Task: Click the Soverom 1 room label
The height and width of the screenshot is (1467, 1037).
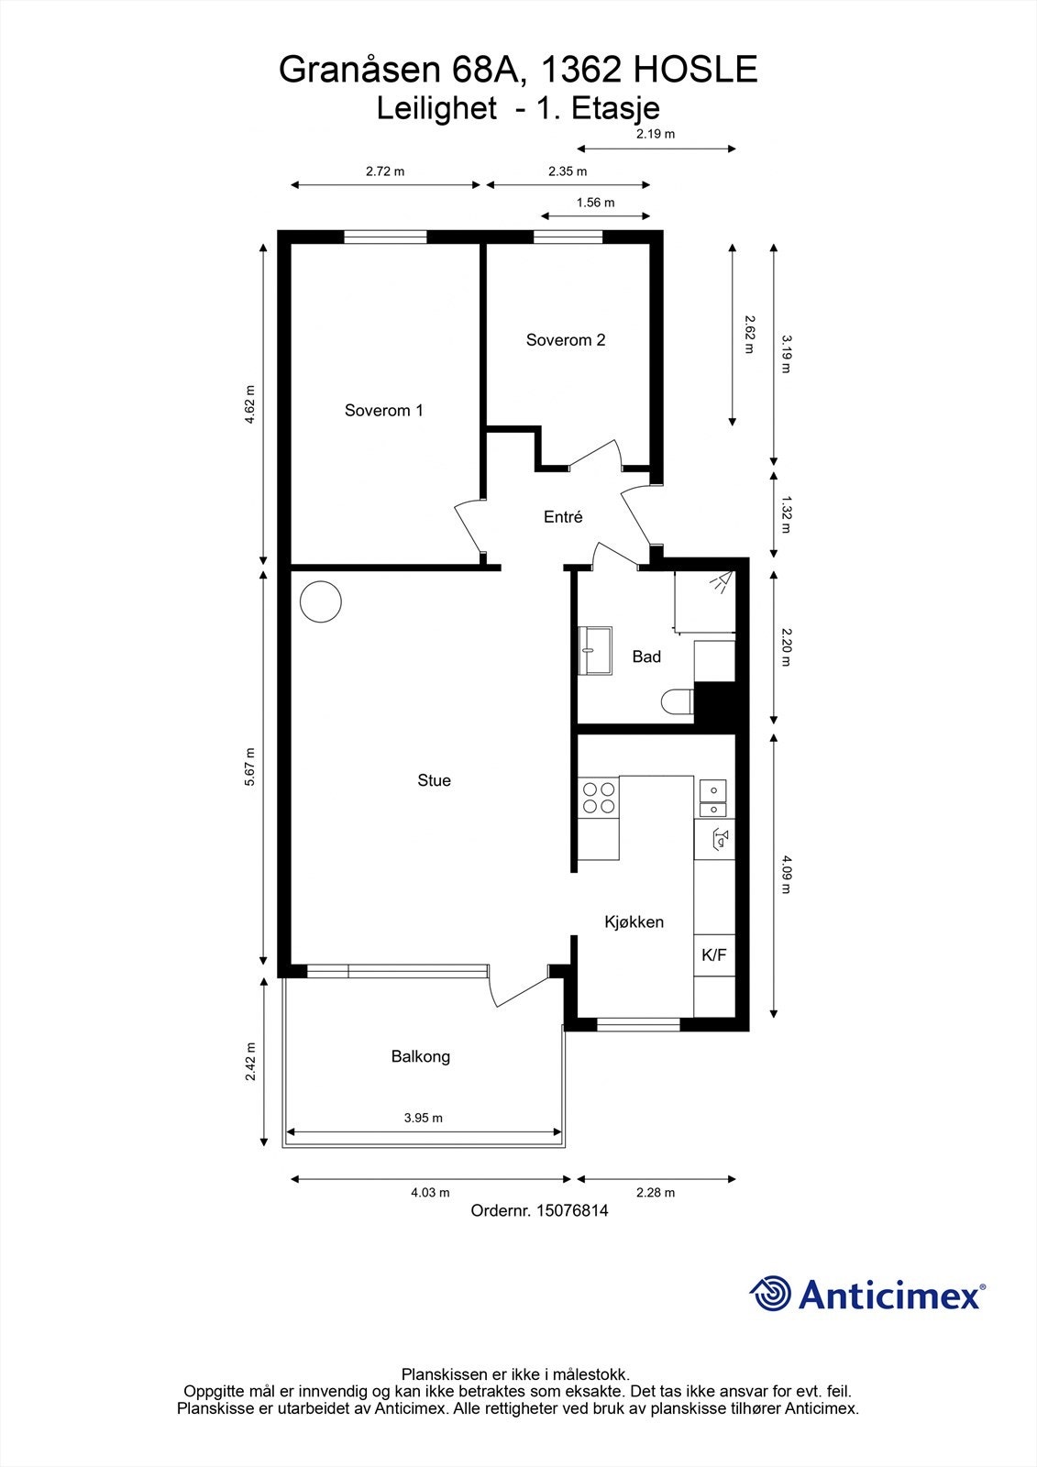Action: (383, 410)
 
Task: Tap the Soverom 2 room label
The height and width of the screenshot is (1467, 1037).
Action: (565, 339)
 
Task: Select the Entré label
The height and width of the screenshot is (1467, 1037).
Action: (563, 517)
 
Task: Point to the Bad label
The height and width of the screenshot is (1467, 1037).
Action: (646, 656)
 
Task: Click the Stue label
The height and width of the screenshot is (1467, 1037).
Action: (434, 780)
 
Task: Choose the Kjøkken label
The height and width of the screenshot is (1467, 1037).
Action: (634, 921)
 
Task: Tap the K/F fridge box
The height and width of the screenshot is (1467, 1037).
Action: (714, 955)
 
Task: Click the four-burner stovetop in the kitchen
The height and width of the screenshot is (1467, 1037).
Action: (599, 798)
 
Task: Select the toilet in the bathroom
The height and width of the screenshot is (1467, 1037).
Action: (677, 702)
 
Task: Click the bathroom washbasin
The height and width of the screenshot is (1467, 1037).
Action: (595, 650)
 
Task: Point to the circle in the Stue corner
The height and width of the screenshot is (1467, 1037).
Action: (321, 601)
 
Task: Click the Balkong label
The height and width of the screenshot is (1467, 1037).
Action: (420, 1056)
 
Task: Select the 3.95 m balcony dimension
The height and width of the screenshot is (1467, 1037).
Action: (423, 1118)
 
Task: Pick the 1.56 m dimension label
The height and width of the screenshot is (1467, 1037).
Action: (595, 203)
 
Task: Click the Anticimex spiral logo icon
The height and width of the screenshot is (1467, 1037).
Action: (771, 1294)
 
